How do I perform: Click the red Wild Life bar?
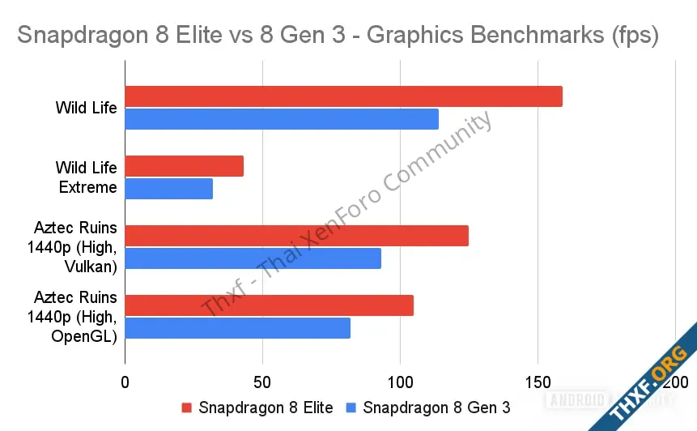(343, 96)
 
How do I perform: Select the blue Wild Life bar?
(282, 119)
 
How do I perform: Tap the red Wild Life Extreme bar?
(184, 166)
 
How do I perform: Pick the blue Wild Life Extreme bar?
(168, 189)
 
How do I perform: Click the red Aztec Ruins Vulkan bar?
(296, 236)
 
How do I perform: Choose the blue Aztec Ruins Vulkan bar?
(253, 258)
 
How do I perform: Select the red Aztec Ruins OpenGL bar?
(269, 305)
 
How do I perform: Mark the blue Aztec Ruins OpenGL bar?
(237, 328)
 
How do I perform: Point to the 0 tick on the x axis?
(125, 382)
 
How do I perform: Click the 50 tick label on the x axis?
(262, 382)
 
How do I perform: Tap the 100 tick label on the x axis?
(400, 382)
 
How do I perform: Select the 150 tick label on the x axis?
(538, 382)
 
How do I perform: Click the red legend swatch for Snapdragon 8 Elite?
(187, 408)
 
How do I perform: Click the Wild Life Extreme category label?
(87, 177)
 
